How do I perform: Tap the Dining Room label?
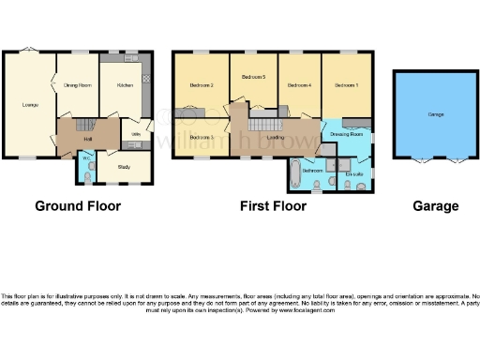[x=77, y=85]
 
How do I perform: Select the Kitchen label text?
[x=124, y=85]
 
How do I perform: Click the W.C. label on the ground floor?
[x=85, y=158]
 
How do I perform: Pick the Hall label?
[x=87, y=138]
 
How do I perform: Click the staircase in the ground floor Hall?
[x=80, y=125]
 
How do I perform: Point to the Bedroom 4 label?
[x=298, y=85]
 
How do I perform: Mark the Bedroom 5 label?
[x=253, y=77]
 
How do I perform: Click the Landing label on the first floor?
[x=276, y=138]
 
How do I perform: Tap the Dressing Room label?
[x=346, y=134]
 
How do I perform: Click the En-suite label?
[x=353, y=173]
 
